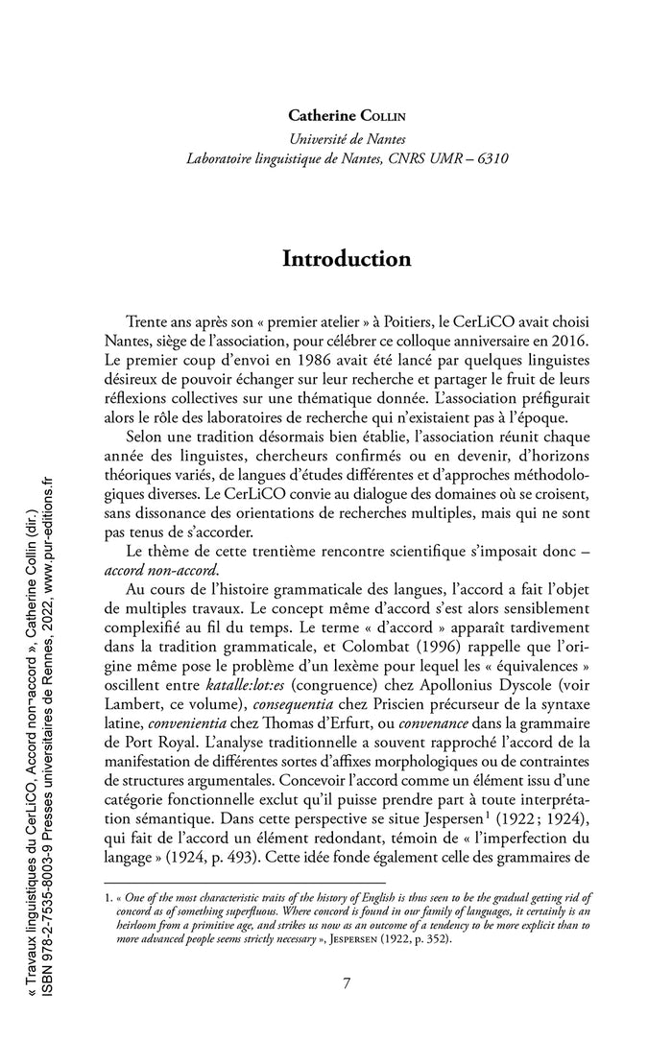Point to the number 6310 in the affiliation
tap(492, 159)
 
